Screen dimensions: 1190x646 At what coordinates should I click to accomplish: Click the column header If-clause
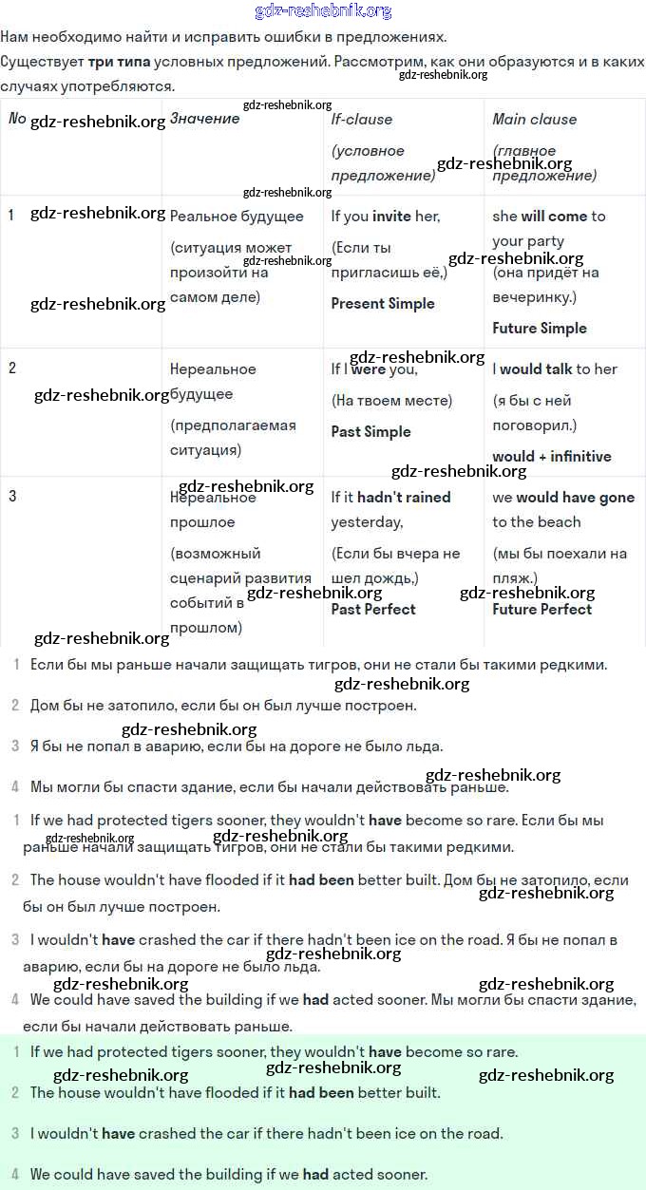[361, 119]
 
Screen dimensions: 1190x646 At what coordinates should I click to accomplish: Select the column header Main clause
[534, 119]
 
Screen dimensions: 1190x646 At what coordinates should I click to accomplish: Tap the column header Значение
[204, 119]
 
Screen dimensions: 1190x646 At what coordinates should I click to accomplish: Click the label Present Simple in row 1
[383, 304]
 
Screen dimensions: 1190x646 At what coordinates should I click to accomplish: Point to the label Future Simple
[540, 329]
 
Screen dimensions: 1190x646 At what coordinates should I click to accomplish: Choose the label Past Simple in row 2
[370, 432]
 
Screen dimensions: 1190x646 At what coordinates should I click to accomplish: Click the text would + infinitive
[552, 457]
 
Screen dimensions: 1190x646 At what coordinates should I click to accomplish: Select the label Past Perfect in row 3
[373, 610]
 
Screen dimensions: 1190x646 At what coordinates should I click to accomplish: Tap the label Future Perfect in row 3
[541, 610]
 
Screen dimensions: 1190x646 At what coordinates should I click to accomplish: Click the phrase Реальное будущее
[237, 217]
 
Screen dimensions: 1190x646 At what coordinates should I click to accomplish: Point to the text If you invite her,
[386, 217]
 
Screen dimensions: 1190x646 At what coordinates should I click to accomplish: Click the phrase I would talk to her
[555, 369]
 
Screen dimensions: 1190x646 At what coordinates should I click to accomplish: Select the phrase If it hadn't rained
[390, 498]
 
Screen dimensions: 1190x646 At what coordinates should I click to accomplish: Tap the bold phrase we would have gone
[563, 498]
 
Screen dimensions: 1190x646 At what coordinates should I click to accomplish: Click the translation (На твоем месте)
[391, 401]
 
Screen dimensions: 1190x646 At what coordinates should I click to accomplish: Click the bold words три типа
[119, 62]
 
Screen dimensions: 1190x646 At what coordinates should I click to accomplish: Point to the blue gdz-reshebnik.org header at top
[323, 11]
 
